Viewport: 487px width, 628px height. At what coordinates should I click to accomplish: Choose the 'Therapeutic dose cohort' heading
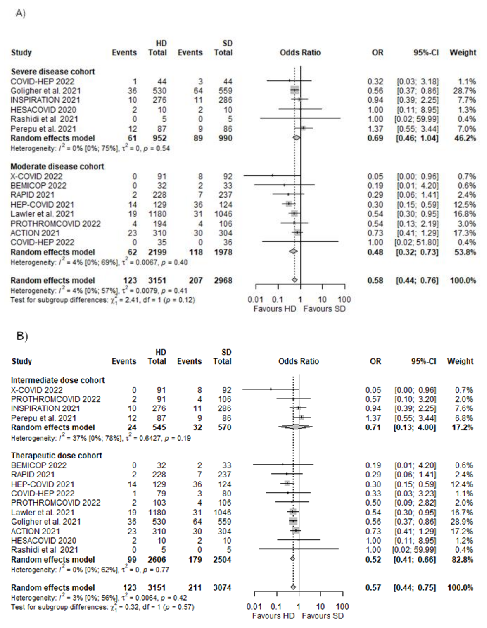click(x=57, y=455)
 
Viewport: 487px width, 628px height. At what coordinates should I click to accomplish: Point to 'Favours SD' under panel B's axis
click(x=323, y=616)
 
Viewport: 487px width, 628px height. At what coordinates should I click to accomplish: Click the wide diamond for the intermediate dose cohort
click(x=295, y=427)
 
